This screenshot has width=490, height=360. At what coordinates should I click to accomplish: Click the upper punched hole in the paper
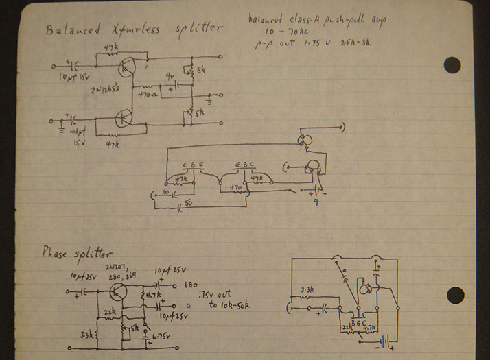click(452, 64)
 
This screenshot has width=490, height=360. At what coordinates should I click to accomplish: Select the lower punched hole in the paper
click(455, 295)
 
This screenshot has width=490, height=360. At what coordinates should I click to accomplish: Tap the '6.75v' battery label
click(162, 337)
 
